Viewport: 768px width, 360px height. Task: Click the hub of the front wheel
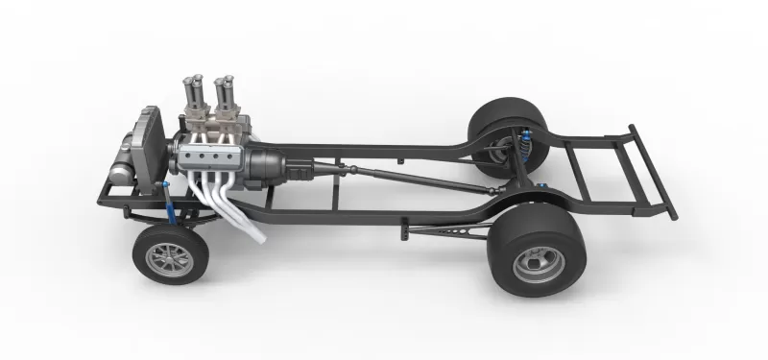click(158, 255)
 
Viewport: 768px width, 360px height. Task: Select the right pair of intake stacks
click(229, 96)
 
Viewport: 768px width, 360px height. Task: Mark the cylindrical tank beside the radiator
click(122, 173)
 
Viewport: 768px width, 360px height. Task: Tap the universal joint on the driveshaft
click(351, 170)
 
